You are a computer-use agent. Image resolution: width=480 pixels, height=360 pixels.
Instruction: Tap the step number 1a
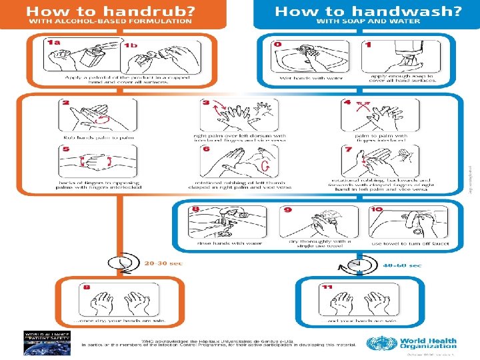pyautogui.click(x=53, y=43)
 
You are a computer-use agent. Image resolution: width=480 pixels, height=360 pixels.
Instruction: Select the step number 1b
pyautogui.click(x=131, y=44)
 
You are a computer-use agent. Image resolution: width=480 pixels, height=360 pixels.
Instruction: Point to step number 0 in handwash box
pyautogui.click(x=277, y=43)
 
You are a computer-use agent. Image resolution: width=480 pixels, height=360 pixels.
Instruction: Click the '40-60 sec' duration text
pyautogui.click(x=402, y=265)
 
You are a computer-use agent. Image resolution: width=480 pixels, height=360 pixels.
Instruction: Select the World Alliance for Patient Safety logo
pyautogui.click(x=42, y=341)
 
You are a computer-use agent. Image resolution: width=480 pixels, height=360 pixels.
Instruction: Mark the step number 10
pyautogui.click(x=377, y=209)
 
